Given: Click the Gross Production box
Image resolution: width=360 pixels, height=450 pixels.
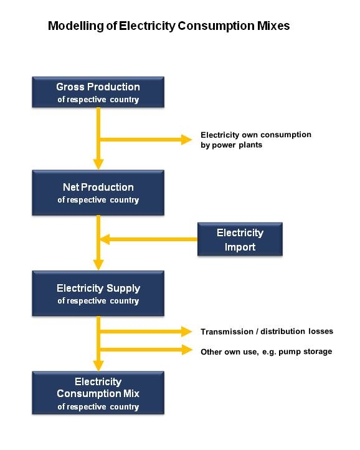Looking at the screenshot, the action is tap(98, 92).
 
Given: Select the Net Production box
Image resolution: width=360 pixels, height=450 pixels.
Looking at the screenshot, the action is tap(98, 193).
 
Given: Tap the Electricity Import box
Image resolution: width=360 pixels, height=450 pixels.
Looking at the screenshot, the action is tap(240, 239).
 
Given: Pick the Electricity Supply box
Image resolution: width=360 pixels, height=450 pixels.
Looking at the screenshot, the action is tap(98, 294).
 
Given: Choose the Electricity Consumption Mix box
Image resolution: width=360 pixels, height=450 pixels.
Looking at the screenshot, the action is tap(98, 393).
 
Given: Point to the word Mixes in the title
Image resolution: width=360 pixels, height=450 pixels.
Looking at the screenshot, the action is tap(273, 26).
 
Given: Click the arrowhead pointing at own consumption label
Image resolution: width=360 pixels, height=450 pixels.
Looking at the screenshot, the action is tap(186, 140).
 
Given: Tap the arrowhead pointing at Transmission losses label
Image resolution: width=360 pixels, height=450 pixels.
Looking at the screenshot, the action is tap(186, 332).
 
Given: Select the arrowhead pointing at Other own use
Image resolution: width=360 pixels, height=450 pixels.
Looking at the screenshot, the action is tap(186, 350).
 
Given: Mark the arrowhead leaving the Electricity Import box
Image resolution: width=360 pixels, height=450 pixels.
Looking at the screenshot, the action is tap(105, 239).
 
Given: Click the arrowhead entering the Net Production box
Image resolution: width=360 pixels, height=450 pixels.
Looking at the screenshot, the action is tap(98, 164).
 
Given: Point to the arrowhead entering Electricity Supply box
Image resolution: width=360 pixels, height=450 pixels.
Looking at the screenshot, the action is tap(98, 265).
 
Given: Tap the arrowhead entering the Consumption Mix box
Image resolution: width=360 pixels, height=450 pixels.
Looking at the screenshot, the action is tap(98, 365).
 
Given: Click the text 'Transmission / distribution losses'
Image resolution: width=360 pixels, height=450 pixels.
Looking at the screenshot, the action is tap(267, 332).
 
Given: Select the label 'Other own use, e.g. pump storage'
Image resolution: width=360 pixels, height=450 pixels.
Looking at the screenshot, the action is tap(266, 352).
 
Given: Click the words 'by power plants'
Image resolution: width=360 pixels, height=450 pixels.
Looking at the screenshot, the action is tap(231, 145).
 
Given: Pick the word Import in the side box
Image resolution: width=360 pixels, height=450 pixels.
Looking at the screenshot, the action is tap(240, 247).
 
